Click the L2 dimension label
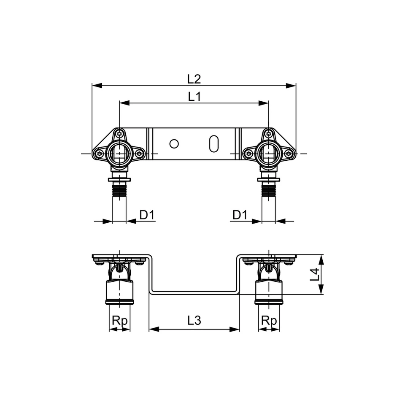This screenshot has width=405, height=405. (194, 79)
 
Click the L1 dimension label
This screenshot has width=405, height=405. (194, 97)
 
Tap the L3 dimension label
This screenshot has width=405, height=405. (194, 321)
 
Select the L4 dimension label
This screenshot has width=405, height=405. (314, 274)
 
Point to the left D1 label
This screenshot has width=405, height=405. (147, 215)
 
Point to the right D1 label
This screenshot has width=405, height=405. (240, 215)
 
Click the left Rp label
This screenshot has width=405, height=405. (119, 321)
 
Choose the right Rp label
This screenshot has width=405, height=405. (269, 321)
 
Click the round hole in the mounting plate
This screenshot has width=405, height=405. (174, 144)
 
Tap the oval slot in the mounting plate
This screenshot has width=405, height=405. (214, 144)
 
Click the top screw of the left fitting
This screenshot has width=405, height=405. (119, 134)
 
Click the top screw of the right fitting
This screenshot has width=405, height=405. (269, 134)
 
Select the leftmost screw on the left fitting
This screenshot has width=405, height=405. (100, 154)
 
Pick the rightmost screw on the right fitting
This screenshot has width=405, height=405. (289, 154)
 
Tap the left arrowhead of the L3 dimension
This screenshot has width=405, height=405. (154, 329)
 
